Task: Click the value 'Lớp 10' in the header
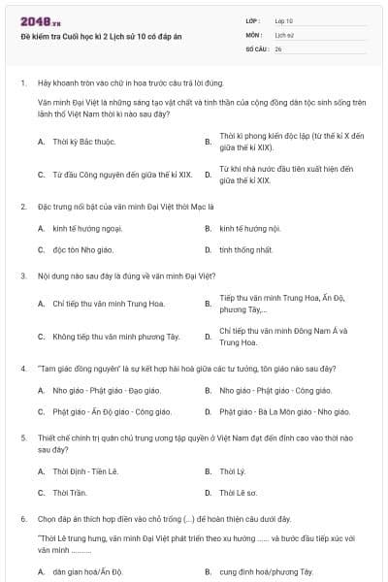click(284, 19)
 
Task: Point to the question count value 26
click(278, 48)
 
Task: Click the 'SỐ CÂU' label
click(256, 48)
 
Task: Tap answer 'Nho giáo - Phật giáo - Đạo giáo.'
click(107, 391)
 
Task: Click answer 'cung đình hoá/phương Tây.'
click(267, 572)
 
